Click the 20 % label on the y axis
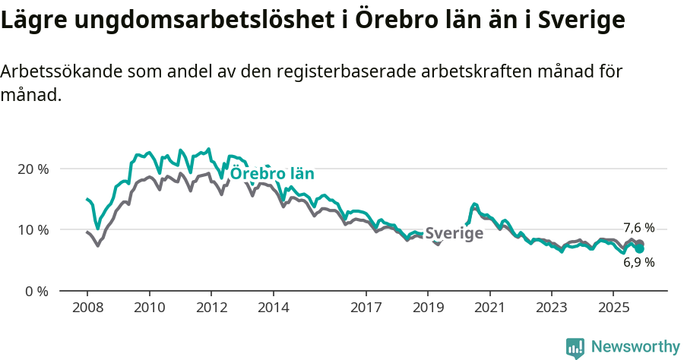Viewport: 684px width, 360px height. pyautogui.click(x=33, y=169)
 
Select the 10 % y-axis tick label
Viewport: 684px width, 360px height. pyautogui.click(x=33, y=229)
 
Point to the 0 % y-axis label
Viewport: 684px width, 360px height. pyautogui.click(x=36, y=291)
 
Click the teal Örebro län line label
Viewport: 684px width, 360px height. pyautogui.click(x=272, y=173)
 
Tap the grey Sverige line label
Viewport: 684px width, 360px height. pyautogui.click(x=454, y=233)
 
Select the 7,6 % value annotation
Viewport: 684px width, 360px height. pyautogui.click(x=638, y=228)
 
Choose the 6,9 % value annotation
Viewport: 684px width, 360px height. pyautogui.click(x=638, y=262)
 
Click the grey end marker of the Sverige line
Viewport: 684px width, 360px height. pyautogui.click(x=640, y=244)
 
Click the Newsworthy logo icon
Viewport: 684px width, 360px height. pyautogui.click(x=575, y=348)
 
